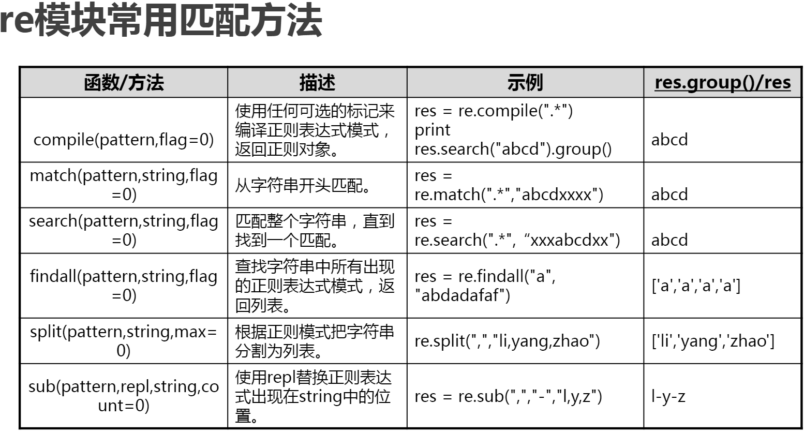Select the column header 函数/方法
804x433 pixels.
(124, 83)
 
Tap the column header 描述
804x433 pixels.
(317, 83)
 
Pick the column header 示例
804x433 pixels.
(525, 83)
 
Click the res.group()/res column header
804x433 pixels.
(722, 83)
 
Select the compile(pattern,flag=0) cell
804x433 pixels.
(124, 140)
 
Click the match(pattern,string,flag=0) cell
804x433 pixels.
(124, 185)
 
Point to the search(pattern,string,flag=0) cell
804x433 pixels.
(124, 230)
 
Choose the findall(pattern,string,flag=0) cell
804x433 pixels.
(124, 286)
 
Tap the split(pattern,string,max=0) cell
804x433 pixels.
(124, 341)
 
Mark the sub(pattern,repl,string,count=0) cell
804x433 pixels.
(124, 396)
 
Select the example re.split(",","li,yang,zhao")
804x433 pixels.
(507, 341)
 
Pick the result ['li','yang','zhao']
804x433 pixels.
(713, 341)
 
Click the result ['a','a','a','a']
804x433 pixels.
(696, 286)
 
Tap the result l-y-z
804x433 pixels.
(668, 397)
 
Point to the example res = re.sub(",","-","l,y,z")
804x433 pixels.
(508, 397)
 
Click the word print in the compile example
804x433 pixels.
(433, 130)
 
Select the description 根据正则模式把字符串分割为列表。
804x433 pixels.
(315, 341)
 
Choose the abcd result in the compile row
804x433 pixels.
(669, 140)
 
